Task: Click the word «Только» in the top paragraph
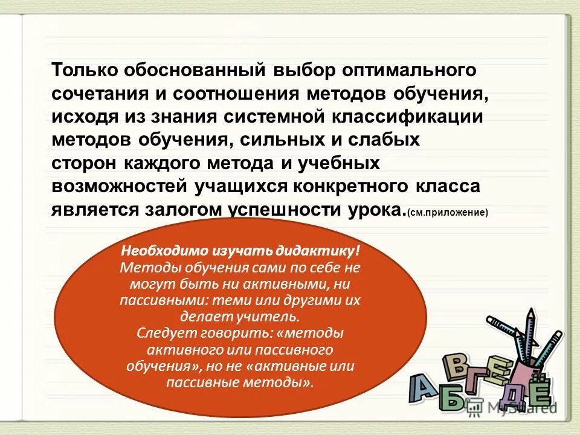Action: click(x=85, y=70)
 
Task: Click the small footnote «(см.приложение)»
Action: click(x=448, y=213)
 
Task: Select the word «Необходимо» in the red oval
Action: click(x=164, y=251)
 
